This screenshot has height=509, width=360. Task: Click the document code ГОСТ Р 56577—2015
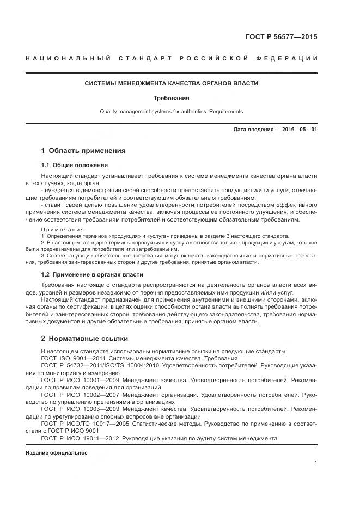[282, 37]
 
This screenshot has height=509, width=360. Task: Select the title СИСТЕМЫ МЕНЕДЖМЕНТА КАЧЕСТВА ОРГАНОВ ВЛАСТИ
[171, 84]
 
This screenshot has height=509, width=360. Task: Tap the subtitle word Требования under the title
[171, 99]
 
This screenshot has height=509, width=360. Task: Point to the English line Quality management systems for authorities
[171, 112]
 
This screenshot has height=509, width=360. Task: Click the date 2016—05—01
[298, 130]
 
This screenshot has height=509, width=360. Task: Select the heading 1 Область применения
[83, 150]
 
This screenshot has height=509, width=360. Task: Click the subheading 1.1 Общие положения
[74, 165]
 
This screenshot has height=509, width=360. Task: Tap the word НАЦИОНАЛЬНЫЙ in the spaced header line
[68, 58]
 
